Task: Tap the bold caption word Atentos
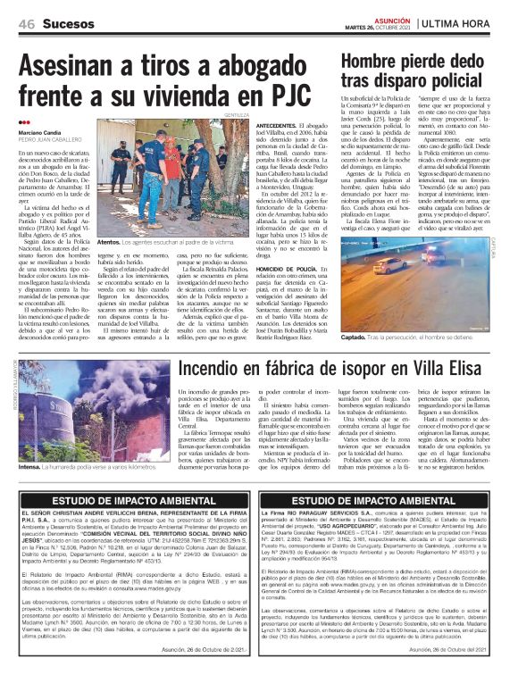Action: click(109, 241)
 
